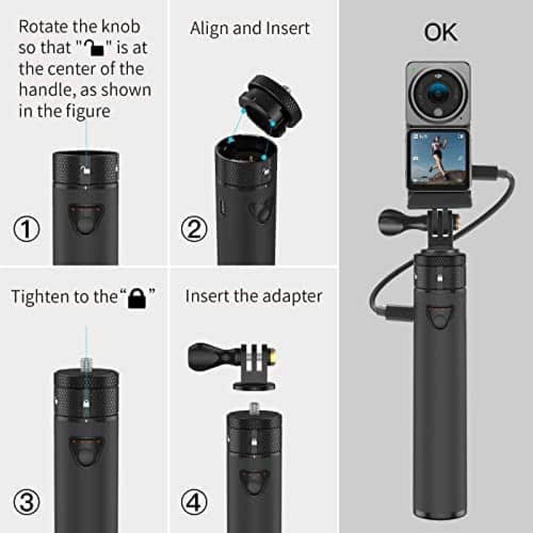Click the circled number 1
pyautogui.click(x=26, y=229)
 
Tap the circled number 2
pyautogui.click(x=194, y=229)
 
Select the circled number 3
pyautogui.click(x=26, y=502)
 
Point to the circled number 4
pyautogui.click(x=194, y=502)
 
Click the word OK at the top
pyautogui.click(x=440, y=32)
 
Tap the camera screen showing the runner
pyautogui.click(x=437, y=161)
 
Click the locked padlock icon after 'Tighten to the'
pyautogui.click(x=137, y=298)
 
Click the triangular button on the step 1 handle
pyautogui.click(x=86, y=218)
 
